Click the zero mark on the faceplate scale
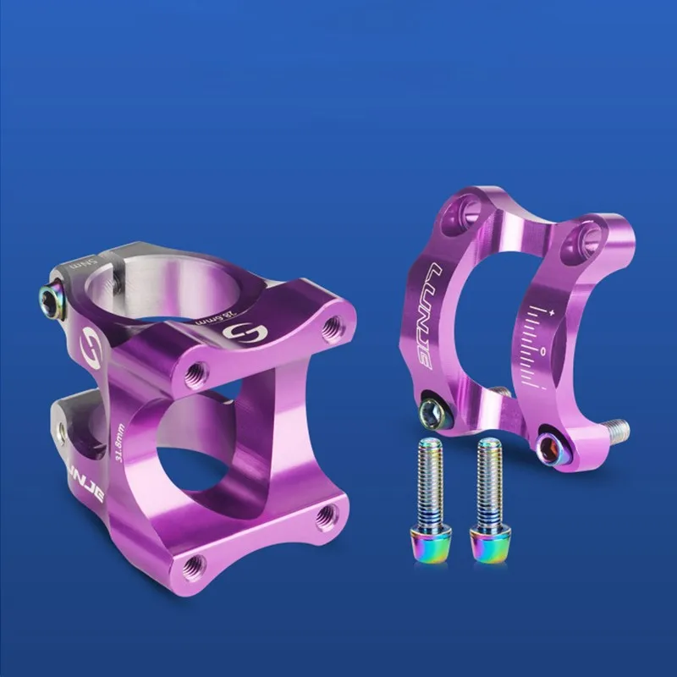point(542,350)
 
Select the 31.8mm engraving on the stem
point(121,444)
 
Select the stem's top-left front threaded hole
point(196,369)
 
